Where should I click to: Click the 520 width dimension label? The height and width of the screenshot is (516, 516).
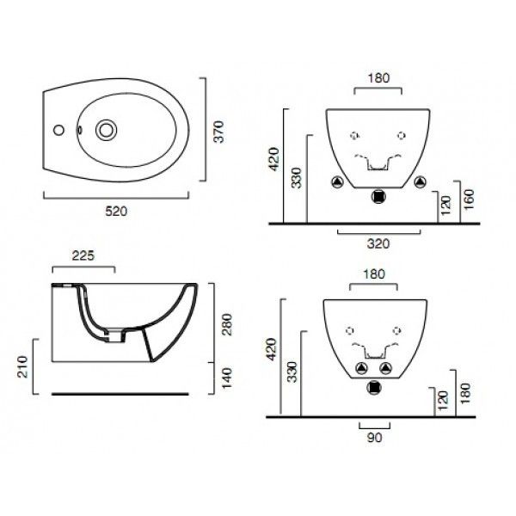(116, 212)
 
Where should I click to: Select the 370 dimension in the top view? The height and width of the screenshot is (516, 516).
(218, 132)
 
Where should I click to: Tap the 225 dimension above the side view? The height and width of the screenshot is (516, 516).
(83, 255)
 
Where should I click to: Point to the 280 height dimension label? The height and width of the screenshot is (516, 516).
(227, 324)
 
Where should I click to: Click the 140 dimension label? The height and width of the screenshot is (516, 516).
(227, 378)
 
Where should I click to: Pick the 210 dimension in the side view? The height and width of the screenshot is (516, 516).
(22, 366)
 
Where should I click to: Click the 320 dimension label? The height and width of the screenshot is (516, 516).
(378, 244)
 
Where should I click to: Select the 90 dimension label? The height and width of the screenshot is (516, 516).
(374, 438)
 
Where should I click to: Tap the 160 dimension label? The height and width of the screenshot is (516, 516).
(469, 200)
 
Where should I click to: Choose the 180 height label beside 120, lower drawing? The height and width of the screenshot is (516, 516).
(465, 393)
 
